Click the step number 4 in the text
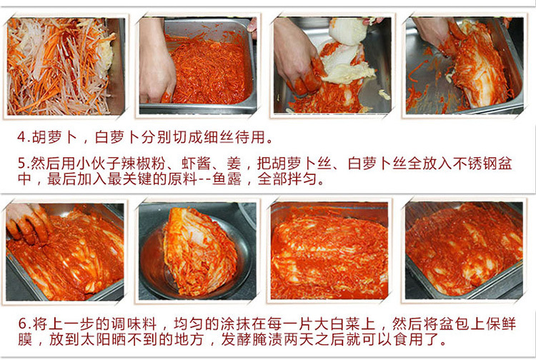21,136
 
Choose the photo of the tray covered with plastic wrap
464,250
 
